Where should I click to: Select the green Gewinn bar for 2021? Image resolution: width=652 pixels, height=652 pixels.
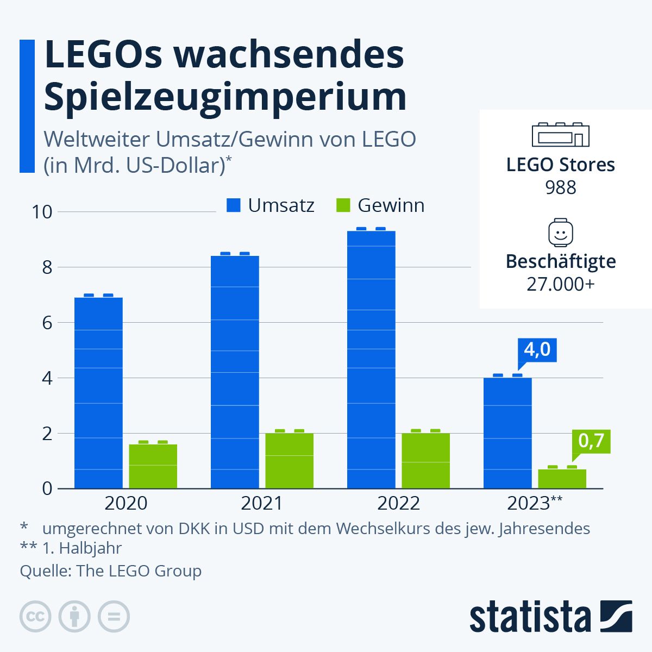(289, 460)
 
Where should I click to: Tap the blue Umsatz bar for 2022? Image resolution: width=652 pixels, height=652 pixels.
(371, 359)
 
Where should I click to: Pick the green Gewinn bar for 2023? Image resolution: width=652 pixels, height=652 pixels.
(562, 478)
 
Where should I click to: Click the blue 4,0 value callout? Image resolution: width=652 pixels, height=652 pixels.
(537, 349)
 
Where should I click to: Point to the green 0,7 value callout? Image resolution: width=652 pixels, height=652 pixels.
(591, 441)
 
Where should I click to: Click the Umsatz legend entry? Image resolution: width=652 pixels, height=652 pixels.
(271, 205)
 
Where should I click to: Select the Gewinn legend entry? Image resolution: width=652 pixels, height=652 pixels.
(380, 205)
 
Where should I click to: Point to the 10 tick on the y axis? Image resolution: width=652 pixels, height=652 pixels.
(42, 212)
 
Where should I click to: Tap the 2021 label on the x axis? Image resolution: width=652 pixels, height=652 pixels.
(262, 503)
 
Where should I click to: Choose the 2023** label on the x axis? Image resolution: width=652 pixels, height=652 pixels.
(535, 503)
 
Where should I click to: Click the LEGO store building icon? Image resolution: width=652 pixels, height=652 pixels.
(560, 134)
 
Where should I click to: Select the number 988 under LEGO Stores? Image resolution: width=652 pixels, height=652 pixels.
(560, 188)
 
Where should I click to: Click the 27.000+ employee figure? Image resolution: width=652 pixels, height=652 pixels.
(560, 284)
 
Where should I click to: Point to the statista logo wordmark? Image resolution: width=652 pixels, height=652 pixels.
(530, 618)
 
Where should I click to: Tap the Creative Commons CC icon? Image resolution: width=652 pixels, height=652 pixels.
(35, 617)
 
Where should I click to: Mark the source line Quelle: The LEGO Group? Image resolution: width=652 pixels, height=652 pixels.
(111, 571)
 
